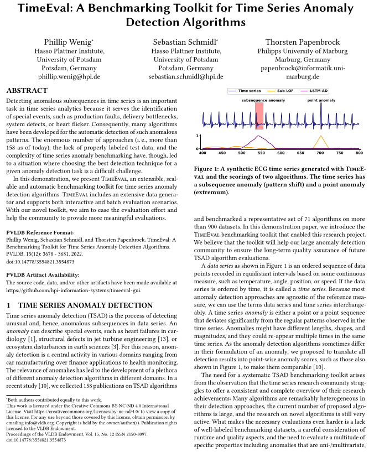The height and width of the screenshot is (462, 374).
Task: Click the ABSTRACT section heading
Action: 27,90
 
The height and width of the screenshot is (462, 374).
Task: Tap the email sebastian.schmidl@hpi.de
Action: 185,77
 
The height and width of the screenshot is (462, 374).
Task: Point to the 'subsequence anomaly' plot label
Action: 263,100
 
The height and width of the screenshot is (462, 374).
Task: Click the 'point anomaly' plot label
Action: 321,100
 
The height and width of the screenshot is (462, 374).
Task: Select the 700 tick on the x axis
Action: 320,152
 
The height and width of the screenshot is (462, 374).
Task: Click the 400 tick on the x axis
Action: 202,152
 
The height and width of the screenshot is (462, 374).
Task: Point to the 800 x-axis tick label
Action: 359,152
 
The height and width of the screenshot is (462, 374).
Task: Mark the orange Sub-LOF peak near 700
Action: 320,136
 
